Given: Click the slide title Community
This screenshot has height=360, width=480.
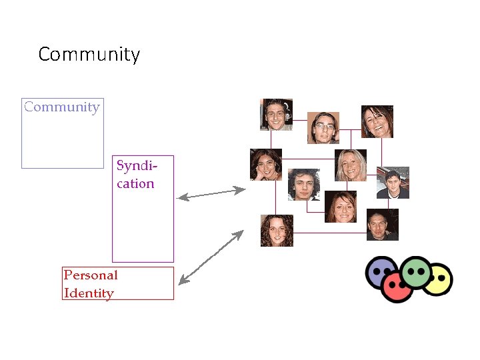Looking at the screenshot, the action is tap(89, 54).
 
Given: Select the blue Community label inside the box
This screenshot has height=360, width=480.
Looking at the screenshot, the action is tap(61, 107).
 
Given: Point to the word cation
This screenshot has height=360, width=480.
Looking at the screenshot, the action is tap(135, 183).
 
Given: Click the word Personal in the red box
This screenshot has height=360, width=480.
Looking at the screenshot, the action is tap(91, 275).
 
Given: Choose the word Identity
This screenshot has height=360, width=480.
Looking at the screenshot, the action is tap(89, 293).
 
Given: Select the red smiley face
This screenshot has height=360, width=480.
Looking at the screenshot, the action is tap(397, 287).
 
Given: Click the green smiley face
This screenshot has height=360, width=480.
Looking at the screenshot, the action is tap(417, 271).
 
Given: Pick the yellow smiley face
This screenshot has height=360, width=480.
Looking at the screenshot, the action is tap(438, 279).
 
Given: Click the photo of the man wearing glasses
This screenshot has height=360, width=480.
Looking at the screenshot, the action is tap(323, 127).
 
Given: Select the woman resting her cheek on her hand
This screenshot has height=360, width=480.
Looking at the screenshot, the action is tap(265, 164).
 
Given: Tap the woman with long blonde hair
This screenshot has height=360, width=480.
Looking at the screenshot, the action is tap(351, 165).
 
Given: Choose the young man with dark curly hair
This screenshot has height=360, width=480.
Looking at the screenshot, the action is tap(303, 185).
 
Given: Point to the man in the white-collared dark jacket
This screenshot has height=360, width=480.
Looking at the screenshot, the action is tap(393, 183).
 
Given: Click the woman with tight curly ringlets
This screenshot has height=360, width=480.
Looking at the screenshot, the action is tap(277, 231).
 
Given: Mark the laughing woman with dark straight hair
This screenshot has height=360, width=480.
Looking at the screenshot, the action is tap(377, 121).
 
